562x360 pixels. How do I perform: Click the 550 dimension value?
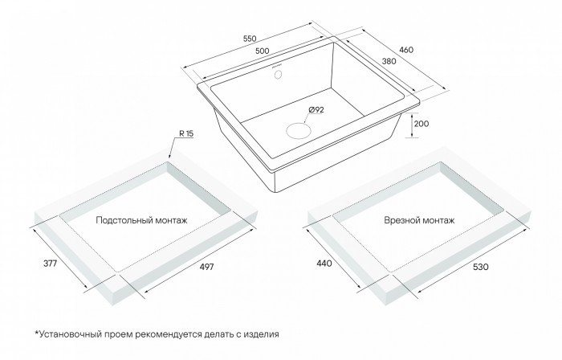click(250, 39)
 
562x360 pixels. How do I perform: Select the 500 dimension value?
click(262, 51)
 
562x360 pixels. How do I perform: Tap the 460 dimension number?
click(406, 50)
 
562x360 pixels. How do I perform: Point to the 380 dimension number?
click(389, 61)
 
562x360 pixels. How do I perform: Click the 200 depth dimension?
click(421, 124)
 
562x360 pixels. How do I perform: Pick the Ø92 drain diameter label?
click(316, 110)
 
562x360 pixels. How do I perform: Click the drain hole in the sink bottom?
click(298, 130)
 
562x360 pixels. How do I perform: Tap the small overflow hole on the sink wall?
click(278, 74)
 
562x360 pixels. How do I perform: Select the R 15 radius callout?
click(186, 133)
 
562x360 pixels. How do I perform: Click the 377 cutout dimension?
click(50, 264)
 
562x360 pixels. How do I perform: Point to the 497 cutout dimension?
click(207, 267)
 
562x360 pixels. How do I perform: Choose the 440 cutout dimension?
click(324, 264)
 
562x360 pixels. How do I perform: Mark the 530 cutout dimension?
click(481, 267)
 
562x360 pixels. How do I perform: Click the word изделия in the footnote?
click(261, 334)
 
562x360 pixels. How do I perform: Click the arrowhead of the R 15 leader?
click(170, 157)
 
